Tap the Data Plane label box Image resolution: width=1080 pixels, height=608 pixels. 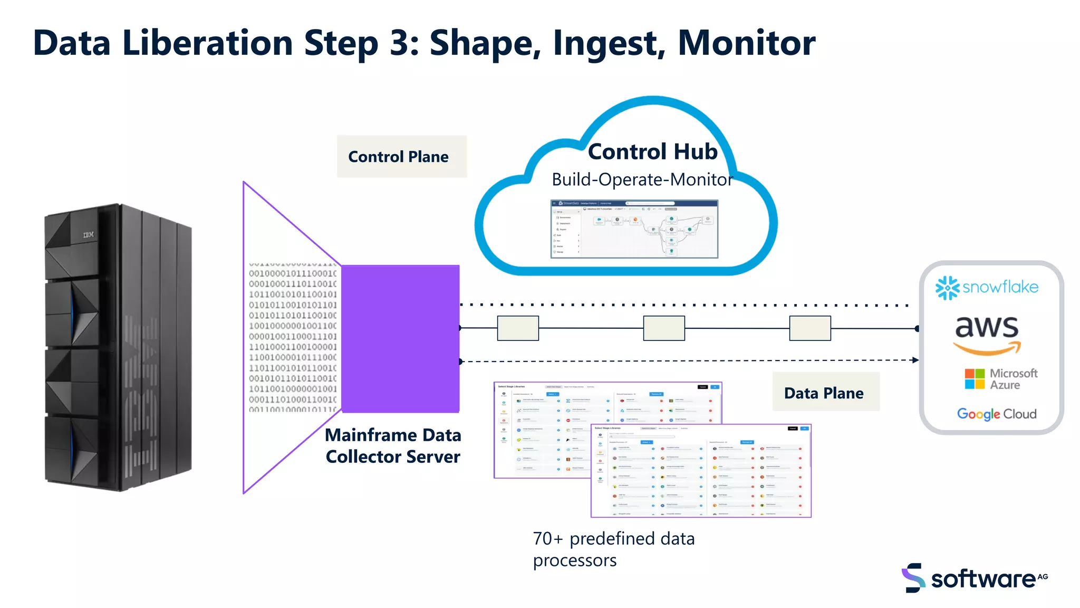pyautogui.click(x=825, y=393)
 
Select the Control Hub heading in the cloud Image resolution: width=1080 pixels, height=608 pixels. pyautogui.click(x=652, y=152)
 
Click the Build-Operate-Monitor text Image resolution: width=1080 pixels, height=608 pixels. pyautogui.click(x=642, y=180)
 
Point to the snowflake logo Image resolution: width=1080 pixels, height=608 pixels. pyautogui.click(x=987, y=288)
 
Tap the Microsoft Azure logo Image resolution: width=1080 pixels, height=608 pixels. pyautogui.click(x=1000, y=379)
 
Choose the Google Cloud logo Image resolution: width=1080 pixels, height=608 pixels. pyautogui.click(x=996, y=414)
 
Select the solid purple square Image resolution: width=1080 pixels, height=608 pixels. pyautogui.click(x=400, y=339)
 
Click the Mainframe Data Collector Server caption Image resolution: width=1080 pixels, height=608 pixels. pyautogui.click(x=393, y=446)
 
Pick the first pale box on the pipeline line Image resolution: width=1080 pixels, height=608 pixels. pyautogui.click(x=518, y=328)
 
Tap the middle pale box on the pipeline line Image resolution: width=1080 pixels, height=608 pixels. pyautogui.click(x=664, y=328)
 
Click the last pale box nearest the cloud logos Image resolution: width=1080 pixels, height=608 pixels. pyautogui.click(x=810, y=328)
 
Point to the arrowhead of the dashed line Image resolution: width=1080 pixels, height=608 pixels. pyautogui.click(x=916, y=360)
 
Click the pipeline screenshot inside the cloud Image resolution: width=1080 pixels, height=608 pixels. pyautogui.click(x=634, y=229)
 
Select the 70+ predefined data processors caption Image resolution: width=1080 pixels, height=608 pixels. pyautogui.click(x=613, y=549)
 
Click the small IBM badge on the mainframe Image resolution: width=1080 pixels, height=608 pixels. pyautogui.click(x=89, y=234)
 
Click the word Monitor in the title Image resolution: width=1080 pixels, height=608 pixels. pyautogui.click(x=746, y=43)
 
